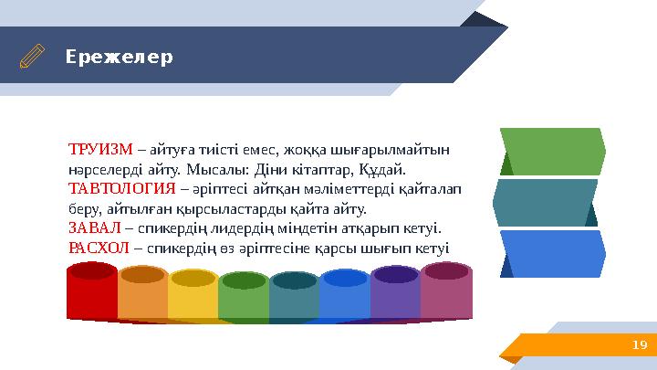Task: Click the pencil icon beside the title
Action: [x=32, y=57]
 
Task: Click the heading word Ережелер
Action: [x=118, y=57]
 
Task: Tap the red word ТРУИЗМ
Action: [x=100, y=149]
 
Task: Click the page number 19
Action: [x=638, y=343]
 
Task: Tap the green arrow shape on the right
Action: [x=555, y=152]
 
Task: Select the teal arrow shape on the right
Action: [x=547, y=202]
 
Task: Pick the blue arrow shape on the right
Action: [x=555, y=253]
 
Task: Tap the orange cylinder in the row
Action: [x=142, y=295]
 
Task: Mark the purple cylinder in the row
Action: [x=394, y=295]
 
